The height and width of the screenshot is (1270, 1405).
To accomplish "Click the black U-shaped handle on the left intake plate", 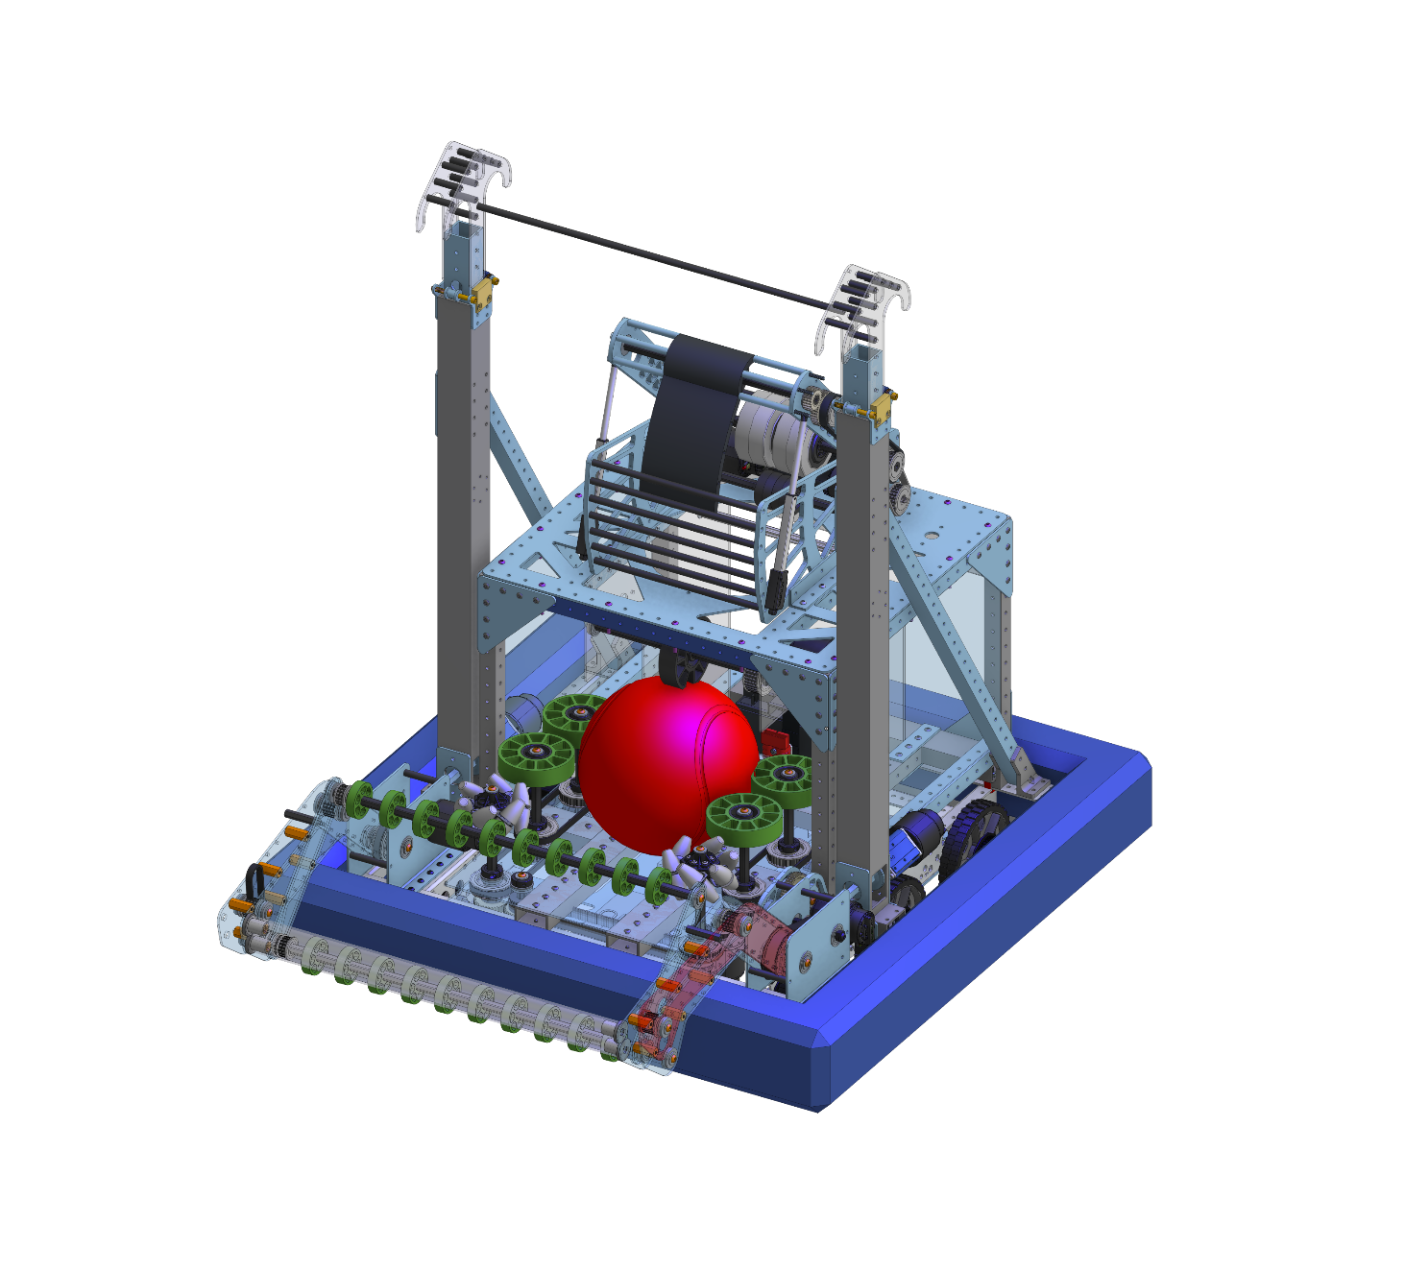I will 256,878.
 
